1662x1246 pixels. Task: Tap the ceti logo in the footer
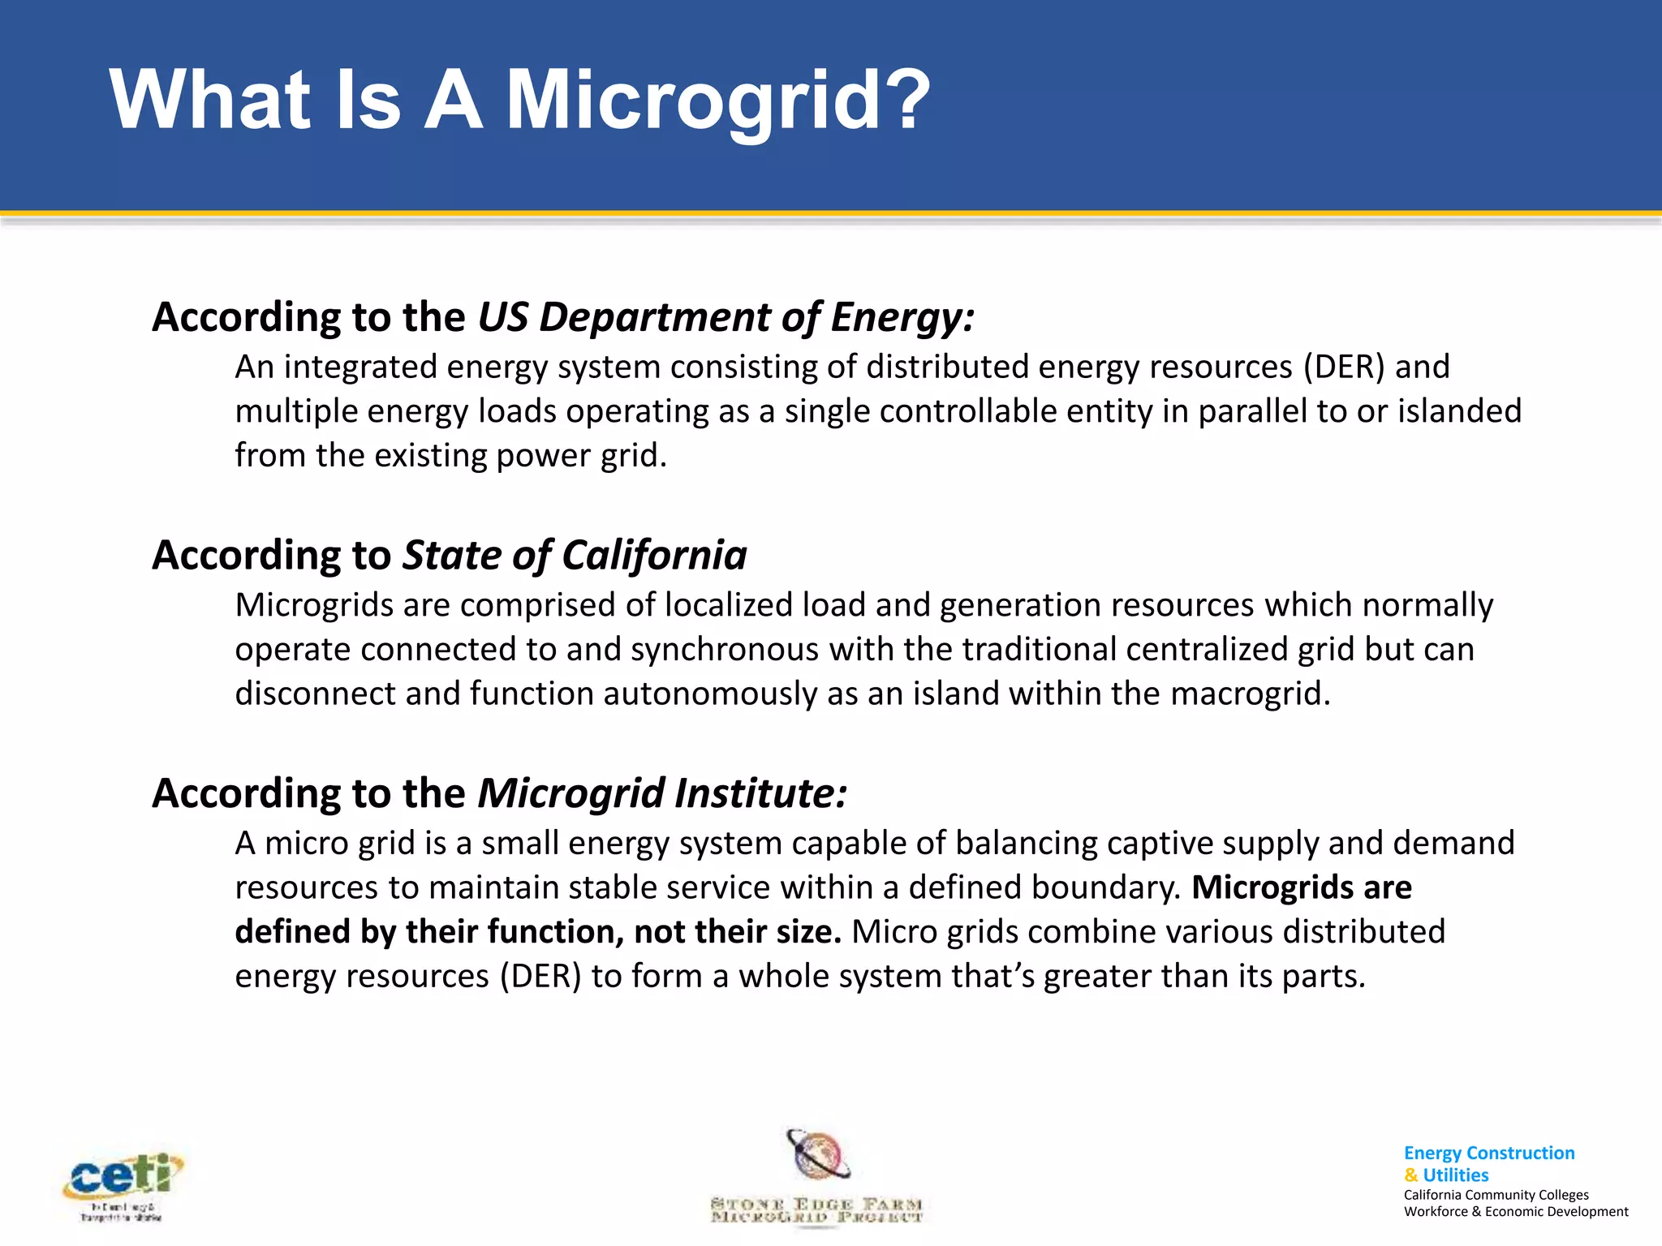123,1184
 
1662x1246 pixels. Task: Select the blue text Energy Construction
1488,1153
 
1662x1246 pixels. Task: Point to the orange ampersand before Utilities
1411,1175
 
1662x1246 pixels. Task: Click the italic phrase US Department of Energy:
726,317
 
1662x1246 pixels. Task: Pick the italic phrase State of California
575,556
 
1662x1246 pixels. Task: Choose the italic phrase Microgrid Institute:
662,793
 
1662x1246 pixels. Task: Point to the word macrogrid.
1250,694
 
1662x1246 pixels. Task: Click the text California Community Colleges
1496,1195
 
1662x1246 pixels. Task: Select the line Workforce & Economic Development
1515,1212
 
